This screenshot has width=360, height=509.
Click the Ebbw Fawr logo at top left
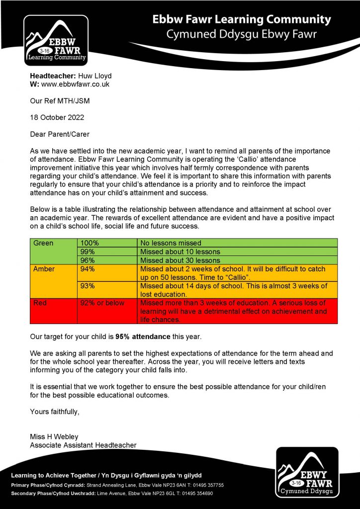[x=56, y=40]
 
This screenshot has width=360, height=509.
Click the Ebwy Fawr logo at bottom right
[x=307, y=472]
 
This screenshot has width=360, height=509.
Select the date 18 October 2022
[x=57, y=118]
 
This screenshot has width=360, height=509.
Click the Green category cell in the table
[x=53, y=251]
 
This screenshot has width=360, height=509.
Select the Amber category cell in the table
[x=53, y=281]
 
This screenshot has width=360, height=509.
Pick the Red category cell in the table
[x=53, y=311]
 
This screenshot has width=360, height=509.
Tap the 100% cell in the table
[x=107, y=243]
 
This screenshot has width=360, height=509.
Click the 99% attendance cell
[x=107, y=252]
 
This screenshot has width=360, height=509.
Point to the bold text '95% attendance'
[x=143, y=337]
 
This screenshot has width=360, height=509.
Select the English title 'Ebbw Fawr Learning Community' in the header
[x=241, y=20]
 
